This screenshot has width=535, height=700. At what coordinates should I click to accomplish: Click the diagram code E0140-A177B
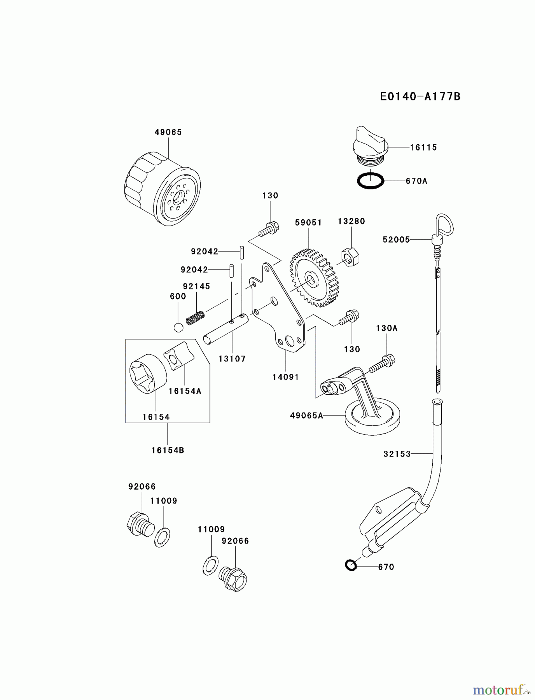420,96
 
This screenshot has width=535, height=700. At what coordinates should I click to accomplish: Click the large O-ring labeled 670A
371,181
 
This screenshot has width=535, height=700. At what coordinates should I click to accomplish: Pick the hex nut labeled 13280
350,257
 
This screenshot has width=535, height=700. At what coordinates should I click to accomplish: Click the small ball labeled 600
178,327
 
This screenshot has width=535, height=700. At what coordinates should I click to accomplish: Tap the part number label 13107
232,359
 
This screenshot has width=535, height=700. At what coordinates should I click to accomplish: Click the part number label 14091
286,377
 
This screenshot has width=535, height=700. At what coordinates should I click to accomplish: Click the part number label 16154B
168,450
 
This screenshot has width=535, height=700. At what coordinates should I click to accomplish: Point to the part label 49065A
306,416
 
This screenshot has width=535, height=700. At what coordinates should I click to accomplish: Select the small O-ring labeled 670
351,565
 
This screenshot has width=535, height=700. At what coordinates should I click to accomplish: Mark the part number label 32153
397,454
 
